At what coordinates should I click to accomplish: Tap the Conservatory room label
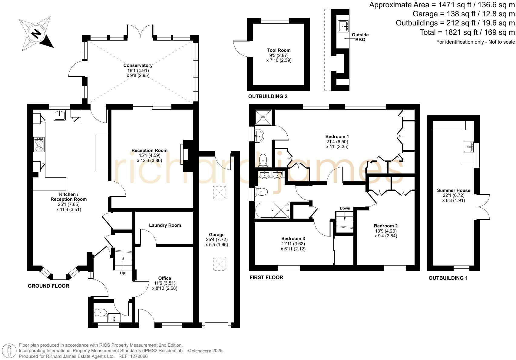tap(138, 65)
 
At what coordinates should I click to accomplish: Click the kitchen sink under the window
tap(60, 115)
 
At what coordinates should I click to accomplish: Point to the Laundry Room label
tap(165, 225)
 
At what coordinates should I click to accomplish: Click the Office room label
tap(164, 278)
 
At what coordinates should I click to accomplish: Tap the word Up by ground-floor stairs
tap(123, 273)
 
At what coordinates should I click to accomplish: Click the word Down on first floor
tap(345, 208)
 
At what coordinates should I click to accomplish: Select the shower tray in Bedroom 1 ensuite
tap(263, 117)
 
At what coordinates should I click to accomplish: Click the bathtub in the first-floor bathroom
tap(272, 210)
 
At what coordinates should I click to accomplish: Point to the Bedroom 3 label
tap(293, 239)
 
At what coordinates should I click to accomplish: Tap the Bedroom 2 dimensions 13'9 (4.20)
tap(385, 231)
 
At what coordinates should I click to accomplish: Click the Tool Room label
tap(279, 50)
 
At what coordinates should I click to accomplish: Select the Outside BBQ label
tap(360, 37)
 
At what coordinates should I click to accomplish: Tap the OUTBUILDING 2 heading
tap(267, 97)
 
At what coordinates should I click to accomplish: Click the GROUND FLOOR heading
tap(48, 286)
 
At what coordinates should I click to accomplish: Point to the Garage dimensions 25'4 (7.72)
tap(217, 239)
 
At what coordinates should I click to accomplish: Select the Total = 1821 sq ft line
tap(467, 32)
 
